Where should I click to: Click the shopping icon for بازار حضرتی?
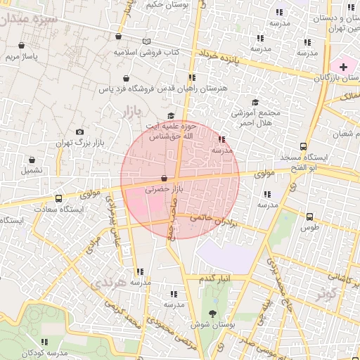point(165,179)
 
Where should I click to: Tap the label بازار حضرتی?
point(163,190)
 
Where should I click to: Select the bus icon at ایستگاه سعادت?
point(58,198)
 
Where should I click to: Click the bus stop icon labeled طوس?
point(310,217)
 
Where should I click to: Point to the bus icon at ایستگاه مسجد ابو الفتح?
point(303,147)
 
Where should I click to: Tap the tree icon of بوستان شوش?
point(213,314)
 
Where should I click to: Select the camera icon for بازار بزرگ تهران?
point(79,131)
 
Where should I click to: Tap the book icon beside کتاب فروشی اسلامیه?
point(146,41)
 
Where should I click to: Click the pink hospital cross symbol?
point(342,66)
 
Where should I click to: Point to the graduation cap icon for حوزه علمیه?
point(170,116)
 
